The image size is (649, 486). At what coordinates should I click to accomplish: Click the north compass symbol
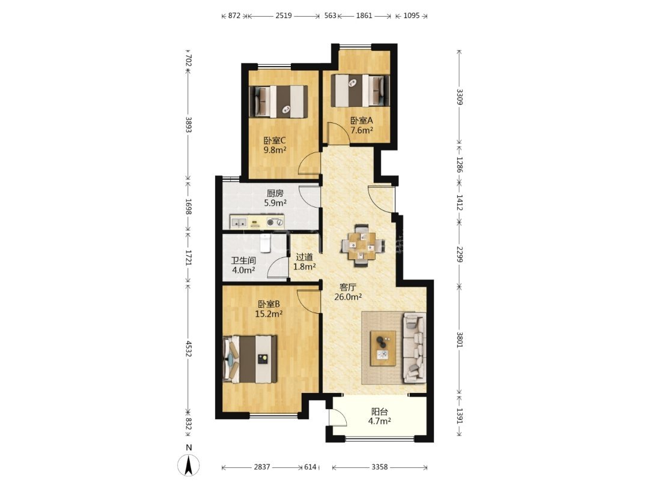[x=188, y=465]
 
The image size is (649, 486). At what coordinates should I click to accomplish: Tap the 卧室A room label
[x=362, y=121]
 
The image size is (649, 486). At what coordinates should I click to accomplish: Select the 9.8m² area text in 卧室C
[x=275, y=150]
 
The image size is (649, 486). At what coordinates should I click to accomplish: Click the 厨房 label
[x=275, y=193]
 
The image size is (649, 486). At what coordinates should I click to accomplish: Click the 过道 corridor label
[x=304, y=257]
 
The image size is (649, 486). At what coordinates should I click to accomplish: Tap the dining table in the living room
[x=362, y=247]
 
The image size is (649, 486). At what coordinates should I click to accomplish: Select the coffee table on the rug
[x=382, y=348]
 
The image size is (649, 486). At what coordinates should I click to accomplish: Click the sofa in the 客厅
[x=414, y=347]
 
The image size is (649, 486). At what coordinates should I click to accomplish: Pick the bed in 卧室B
[x=249, y=359]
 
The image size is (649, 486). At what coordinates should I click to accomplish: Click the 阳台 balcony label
[x=379, y=412]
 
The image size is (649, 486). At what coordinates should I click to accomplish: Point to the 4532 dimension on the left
[x=188, y=349]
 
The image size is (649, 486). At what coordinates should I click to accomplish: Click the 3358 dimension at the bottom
[x=380, y=467]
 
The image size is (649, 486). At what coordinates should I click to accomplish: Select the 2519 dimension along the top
[x=284, y=16]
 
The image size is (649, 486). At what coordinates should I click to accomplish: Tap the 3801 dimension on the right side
[x=460, y=340]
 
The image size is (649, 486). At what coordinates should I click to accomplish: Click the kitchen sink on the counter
[x=239, y=223]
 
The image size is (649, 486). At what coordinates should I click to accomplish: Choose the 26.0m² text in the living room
[x=348, y=296]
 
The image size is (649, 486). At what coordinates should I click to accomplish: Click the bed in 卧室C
[x=279, y=101]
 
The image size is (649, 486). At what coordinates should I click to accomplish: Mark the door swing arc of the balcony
[x=340, y=416]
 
